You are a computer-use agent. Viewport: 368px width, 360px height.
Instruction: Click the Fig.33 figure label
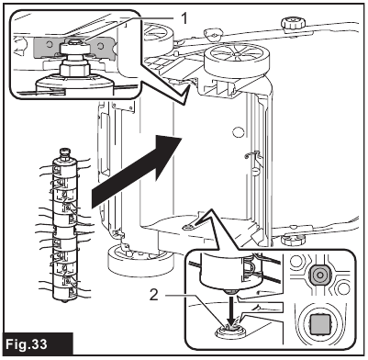coord(27,344)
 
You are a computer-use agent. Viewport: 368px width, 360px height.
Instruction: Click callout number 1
coord(184,19)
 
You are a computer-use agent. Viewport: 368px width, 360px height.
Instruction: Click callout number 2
coord(154,295)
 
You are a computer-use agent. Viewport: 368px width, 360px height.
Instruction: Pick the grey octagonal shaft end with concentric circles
coord(319,275)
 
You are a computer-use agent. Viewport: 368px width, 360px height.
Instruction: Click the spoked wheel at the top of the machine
coord(237,60)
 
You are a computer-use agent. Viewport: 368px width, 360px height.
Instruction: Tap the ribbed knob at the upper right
coord(294,24)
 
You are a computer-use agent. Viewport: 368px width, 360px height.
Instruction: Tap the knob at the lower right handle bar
coord(294,239)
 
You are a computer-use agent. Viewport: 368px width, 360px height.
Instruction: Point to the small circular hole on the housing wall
coord(239,132)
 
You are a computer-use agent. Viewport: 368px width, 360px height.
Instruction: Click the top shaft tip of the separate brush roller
coord(64,151)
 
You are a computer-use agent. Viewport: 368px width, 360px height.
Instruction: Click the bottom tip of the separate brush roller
coord(63,300)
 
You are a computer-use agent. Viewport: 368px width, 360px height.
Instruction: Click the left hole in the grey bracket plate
coord(49,45)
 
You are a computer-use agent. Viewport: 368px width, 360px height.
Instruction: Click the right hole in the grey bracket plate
coord(100,46)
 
